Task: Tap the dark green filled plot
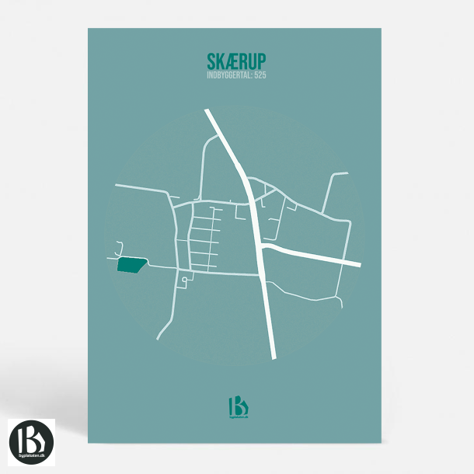click(131, 265)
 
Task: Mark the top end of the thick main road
click(207, 112)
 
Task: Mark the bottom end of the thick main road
click(274, 357)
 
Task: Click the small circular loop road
click(184, 279)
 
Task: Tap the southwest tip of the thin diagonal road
click(158, 339)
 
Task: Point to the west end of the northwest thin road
click(116, 186)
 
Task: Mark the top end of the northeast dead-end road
click(346, 174)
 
